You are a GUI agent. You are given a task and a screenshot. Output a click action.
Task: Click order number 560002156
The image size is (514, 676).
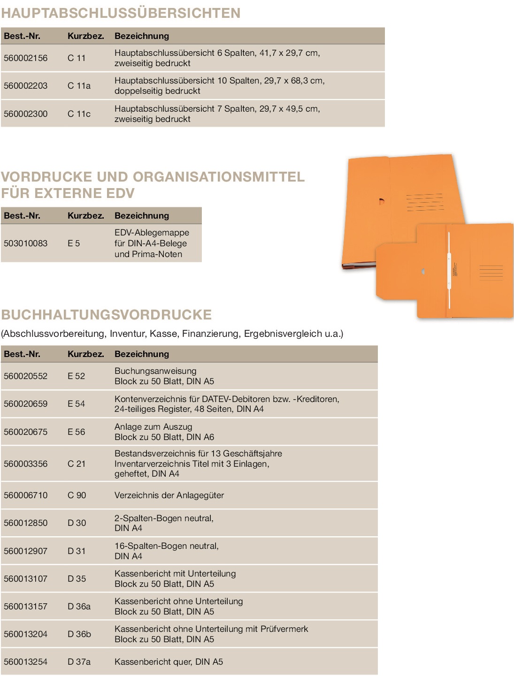[x=26, y=58]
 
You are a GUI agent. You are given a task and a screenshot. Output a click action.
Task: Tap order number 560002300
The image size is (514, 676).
[x=26, y=114]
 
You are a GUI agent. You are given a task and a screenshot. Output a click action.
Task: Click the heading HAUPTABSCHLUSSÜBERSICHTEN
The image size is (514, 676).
[x=121, y=13]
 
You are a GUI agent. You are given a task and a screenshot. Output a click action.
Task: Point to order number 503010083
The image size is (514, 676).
[x=26, y=243]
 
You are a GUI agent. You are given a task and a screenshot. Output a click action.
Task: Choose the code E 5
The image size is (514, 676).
[x=74, y=243]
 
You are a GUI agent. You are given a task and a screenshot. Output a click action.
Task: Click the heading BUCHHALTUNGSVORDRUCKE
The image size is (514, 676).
[x=107, y=315]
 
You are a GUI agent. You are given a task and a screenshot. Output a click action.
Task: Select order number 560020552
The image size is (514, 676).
[x=26, y=376]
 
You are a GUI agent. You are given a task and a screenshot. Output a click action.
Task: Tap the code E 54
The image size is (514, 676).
[x=77, y=404]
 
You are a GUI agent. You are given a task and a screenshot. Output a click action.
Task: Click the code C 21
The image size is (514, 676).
[x=77, y=464]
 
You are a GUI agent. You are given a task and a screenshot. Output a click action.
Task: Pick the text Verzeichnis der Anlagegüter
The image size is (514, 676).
[x=169, y=495]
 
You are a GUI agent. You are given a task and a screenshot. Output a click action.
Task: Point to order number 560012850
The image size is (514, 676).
[x=26, y=523]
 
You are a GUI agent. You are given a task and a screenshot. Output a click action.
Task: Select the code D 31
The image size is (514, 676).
[x=77, y=551]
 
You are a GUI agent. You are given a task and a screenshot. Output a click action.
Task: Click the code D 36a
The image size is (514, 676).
[x=79, y=607]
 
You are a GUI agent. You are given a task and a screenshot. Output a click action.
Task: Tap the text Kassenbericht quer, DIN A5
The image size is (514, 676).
[x=169, y=662]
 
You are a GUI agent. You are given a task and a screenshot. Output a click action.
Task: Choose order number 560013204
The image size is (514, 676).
[x=26, y=634]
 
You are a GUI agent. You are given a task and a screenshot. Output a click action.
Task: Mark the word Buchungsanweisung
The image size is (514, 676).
[x=155, y=371]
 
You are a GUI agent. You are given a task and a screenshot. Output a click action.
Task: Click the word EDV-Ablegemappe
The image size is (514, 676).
[x=152, y=233]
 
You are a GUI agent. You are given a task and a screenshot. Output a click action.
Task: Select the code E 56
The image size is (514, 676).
[x=77, y=432]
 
